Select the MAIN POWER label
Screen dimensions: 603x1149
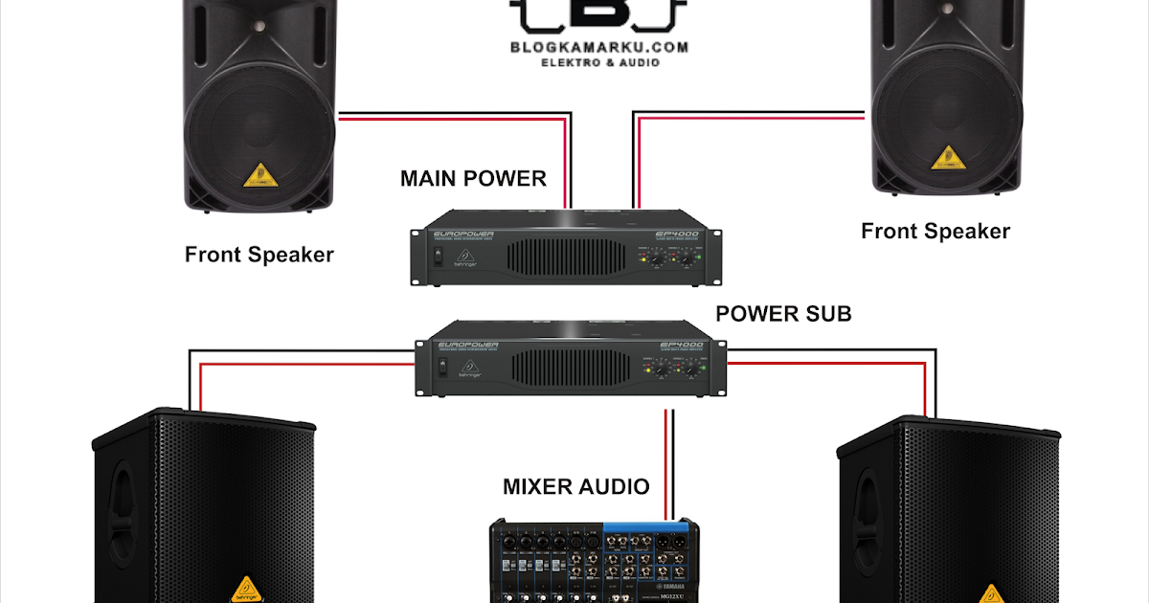473,179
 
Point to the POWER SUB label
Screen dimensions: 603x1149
783,314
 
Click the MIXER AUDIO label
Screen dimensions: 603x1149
576,487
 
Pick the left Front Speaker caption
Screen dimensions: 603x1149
259,255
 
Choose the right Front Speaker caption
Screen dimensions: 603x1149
935,231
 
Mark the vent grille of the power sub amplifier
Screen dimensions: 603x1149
572,368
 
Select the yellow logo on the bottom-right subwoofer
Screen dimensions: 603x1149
994,592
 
